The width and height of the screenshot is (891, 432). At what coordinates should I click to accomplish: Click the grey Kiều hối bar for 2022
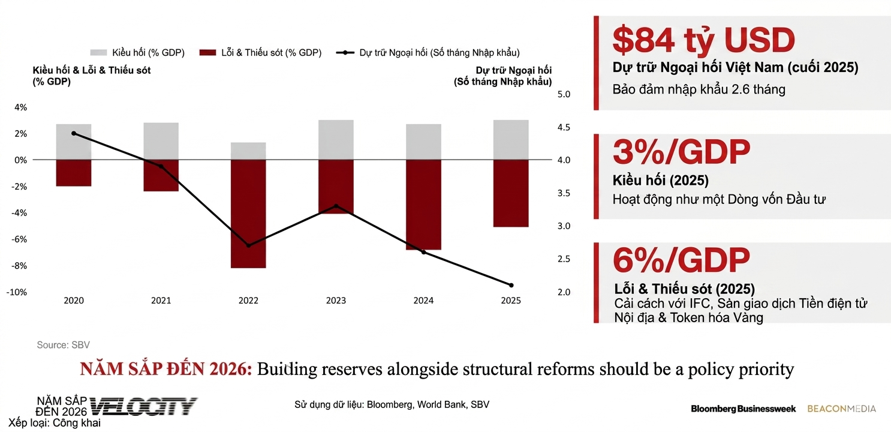pyautogui.click(x=248, y=151)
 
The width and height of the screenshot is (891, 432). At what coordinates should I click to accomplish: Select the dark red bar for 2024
pyautogui.click(x=423, y=205)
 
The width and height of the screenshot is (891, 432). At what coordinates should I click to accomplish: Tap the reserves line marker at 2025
pyautogui.click(x=511, y=285)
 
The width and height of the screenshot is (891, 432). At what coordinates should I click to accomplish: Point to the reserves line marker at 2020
pyautogui.click(x=74, y=133)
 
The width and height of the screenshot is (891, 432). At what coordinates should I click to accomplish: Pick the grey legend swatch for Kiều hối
pyautogui.click(x=98, y=53)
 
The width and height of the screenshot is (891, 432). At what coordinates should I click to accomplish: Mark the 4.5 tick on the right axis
pyautogui.click(x=564, y=127)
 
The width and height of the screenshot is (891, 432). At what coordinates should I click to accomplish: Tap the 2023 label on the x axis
pyautogui.click(x=336, y=301)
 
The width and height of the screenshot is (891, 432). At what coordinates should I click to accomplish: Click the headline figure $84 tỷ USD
pyautogui.click(x=703, y=41)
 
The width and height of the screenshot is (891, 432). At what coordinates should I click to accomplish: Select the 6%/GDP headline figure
pyautogui.click(x=681, y=260)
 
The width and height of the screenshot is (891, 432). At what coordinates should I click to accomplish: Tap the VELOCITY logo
pyautogui.click(x=144, y=406)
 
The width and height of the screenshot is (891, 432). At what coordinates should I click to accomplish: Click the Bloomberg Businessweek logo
pyautogui.click(x=743, y=409)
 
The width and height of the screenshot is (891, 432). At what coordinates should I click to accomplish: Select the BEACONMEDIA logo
pyautogui.click(x=841, y=409)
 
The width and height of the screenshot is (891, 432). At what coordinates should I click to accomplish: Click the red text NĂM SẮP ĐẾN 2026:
pyautogui.click(x=166, y=370)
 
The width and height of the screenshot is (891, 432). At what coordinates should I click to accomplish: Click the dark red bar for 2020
pyautogui.click(x=74, y=173)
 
